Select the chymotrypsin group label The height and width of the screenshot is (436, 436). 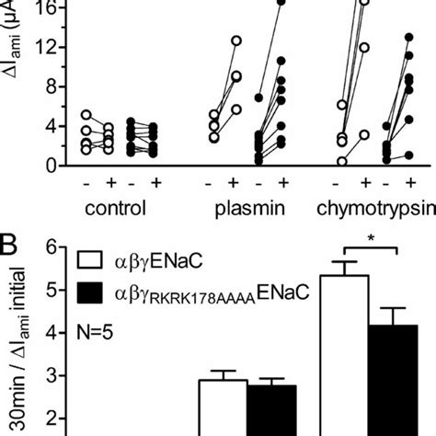[x=373, y=208]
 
